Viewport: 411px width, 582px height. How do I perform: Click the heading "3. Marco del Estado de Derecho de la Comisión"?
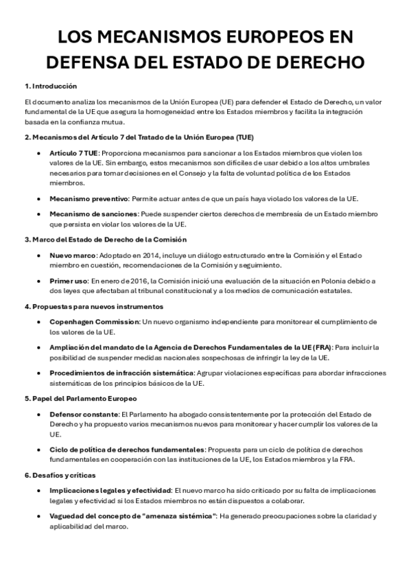(105, 240)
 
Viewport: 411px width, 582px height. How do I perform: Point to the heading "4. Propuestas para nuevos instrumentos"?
(93, 306)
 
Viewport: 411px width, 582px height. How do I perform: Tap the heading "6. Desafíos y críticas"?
(60, 474)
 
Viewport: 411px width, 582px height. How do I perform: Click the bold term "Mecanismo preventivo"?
(82, 199)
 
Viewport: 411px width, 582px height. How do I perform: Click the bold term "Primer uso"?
(70, 281)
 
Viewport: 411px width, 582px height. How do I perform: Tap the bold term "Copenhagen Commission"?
(93, 321)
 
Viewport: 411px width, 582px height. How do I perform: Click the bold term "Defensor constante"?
(84, 414)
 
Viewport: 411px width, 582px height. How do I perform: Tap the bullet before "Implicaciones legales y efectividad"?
(37, 491)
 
